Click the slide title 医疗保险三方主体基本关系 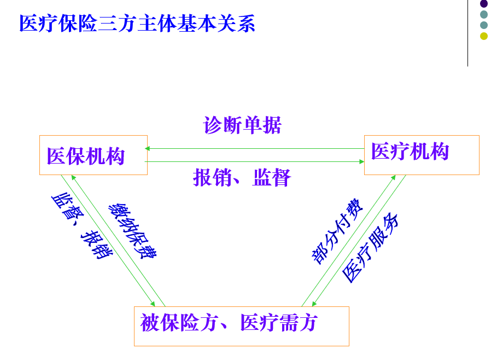tap(137, 24)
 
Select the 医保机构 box tap(93, 155)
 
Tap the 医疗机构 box tap(421, 155)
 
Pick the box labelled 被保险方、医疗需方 tap(241, 326)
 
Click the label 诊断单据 tap(242, 125)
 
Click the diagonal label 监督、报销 tap(81, 225)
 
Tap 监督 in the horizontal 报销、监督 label tap(272, 178)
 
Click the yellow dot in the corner tap(483, 36)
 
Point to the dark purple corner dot tap(483, 4)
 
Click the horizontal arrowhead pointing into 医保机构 tap(147, 148)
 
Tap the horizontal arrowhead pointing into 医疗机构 tap(361, 161)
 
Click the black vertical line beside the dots tap(467, 33)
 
